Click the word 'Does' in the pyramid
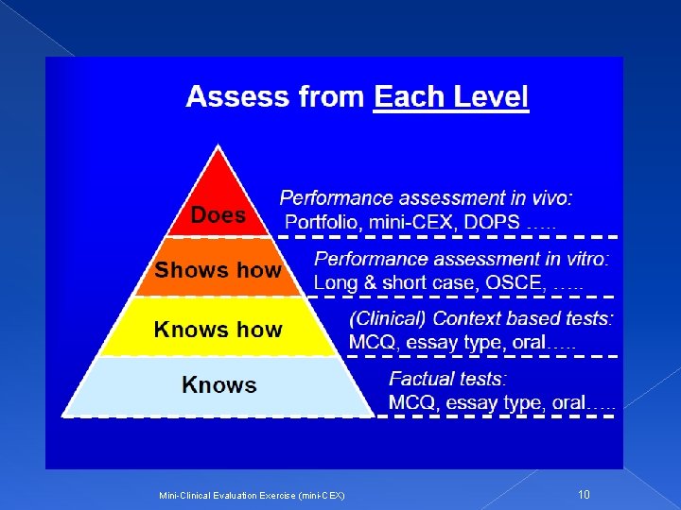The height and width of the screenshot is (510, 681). point(218,215)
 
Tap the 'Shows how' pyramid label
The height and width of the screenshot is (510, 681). point(218,270)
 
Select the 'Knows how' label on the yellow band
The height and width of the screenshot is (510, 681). point(218,330)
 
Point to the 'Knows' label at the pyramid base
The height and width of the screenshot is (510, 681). point(218,384)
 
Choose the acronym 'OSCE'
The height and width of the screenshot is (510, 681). point(514,282)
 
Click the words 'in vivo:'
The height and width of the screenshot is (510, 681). point(537,198)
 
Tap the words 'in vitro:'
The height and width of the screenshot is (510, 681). point(574,258)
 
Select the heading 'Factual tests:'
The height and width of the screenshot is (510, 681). point(447,379)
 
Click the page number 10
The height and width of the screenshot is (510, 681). point(584,494)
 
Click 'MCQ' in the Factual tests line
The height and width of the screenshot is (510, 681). point(412,403)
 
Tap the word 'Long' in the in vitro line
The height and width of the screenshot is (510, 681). point(337,282)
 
